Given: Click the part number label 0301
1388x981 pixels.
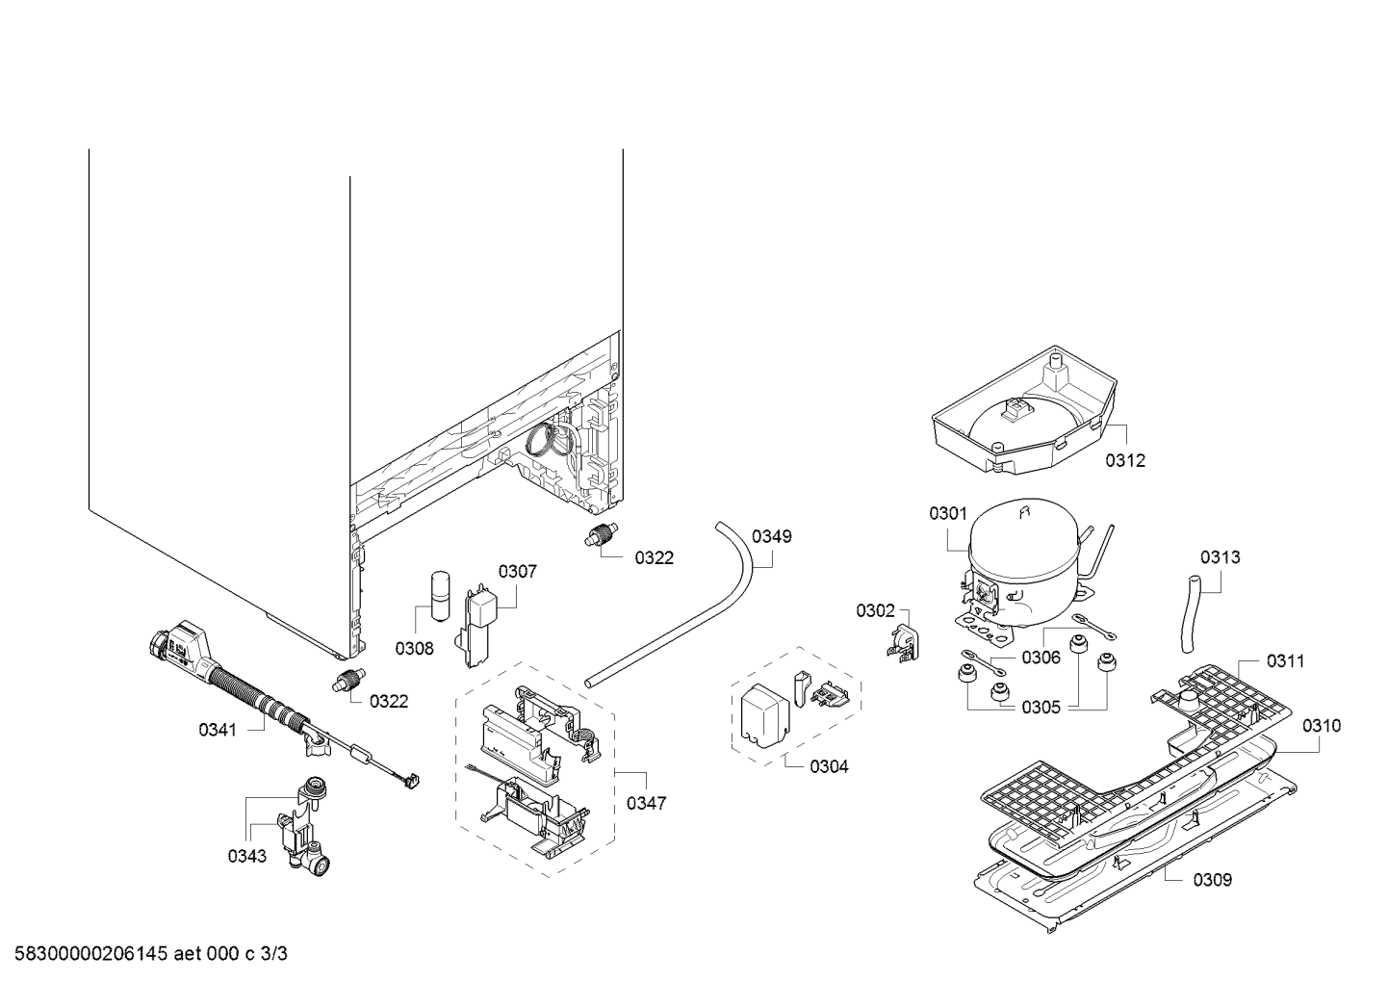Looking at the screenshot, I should click(x=947, y=513).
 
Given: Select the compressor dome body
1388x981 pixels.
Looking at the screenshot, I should click(x=1020, y=563).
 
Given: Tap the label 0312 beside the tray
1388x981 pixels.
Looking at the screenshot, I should click(x=1124, y=460).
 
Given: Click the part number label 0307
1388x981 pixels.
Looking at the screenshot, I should click(x=517, y=571).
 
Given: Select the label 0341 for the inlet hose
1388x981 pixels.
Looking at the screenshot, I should click(x=218, y=730).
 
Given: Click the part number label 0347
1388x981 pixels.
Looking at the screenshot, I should click(x=645, y=803).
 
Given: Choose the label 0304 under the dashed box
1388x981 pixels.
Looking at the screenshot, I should click(x=829, y=766).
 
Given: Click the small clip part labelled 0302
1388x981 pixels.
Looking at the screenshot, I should click(x=903, y=641).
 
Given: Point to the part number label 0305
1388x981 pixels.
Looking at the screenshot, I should click(x=1041, y=708).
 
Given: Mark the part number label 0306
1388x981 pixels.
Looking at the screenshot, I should click(x=1041, y=658).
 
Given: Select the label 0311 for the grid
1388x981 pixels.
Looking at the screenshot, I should click(x=1285, y=660).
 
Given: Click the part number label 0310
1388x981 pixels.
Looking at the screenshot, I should click(x=1321, y=725).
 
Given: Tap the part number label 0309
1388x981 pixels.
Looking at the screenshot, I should click(x=1212, y=879).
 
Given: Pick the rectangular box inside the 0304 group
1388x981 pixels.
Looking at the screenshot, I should click(x=764, y=717).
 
